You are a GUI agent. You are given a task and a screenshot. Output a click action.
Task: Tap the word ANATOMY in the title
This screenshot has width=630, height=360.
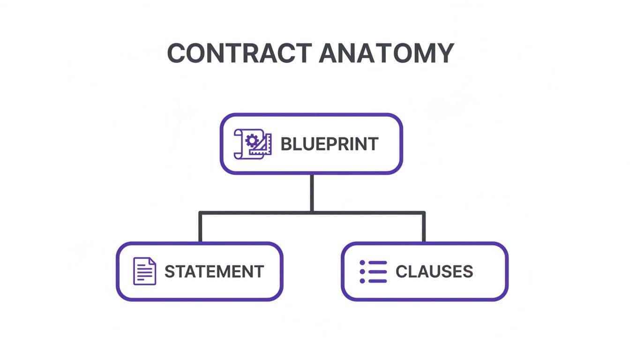[x=386, y=53]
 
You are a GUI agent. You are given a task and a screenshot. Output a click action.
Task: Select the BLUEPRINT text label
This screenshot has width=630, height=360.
[x=329, y=144]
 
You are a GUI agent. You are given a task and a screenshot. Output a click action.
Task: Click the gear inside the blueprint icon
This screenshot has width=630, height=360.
[x=252, y=139]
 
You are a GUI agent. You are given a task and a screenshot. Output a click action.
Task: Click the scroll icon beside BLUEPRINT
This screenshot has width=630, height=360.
[x=252, y=144]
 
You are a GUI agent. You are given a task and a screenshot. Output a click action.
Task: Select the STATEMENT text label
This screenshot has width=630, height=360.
[x=214, y=271]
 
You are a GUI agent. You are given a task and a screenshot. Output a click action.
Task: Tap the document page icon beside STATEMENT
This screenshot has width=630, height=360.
[x=144, y=271]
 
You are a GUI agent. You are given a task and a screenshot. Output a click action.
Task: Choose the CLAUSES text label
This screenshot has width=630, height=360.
[x=434, y=271]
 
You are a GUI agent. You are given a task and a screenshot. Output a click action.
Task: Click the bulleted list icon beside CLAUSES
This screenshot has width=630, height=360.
[x=373, y=271]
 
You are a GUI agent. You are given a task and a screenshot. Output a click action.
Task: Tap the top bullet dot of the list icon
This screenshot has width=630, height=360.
[x=362, y=263]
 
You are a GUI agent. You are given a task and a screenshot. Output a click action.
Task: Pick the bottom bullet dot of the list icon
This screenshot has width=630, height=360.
[x=362, y=280]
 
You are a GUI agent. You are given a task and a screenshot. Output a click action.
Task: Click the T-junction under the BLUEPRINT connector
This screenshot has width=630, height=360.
[x=311, y=213]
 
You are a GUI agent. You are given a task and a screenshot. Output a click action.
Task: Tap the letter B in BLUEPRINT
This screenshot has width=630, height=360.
[x=285, y=144]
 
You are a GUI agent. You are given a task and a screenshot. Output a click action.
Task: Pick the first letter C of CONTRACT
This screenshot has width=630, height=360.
[x=177, y=53]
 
